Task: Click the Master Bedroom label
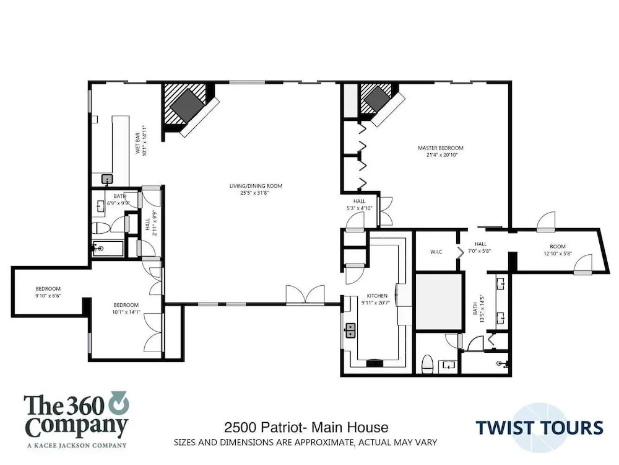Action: click(441, 148)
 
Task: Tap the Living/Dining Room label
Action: click(256, 186)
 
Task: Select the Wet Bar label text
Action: click(138, 144)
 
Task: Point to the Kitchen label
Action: click(377, 295)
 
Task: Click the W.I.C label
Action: click(436, 252)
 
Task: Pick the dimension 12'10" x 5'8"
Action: click(558, 254)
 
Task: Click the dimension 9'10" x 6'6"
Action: click(48, 295)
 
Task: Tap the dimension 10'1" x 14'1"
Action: click(126, 312)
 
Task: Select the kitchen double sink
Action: click(350, 330)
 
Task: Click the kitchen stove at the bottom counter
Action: click(374, 363)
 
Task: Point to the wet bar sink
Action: click(107, 180)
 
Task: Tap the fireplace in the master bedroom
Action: click(378, 100)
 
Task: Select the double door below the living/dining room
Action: click(306, 294)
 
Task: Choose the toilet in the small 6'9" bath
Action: click(101, 228)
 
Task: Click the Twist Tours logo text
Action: click(539, 428)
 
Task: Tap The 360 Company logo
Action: click(76, 420)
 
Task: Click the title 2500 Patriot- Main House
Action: click(306, 427)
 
